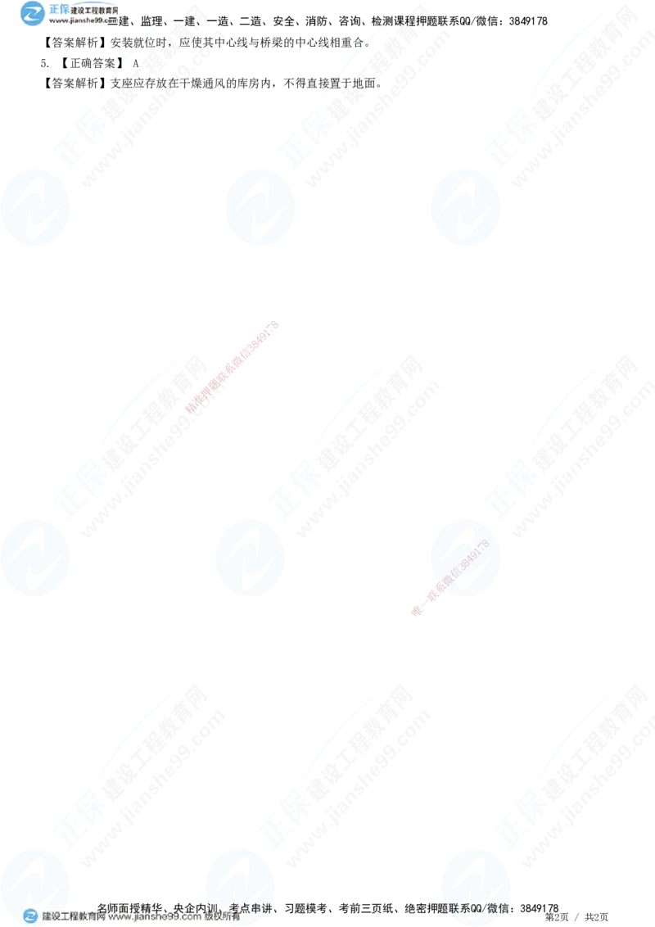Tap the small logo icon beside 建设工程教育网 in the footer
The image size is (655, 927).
(30, 916)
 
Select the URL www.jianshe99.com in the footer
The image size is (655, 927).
(155, 917)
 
